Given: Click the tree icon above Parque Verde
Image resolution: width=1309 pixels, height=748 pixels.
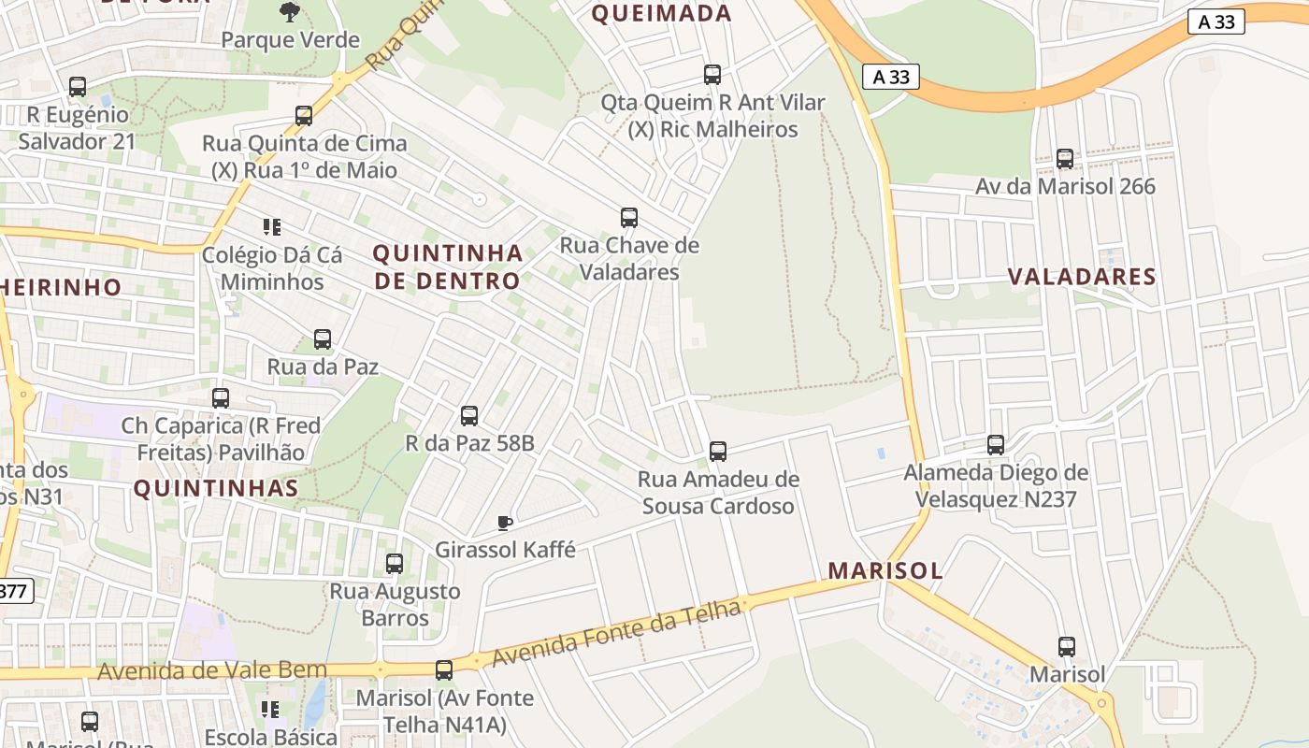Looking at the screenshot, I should [290, 12].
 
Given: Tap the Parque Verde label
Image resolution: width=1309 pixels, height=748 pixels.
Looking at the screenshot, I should [290, 40].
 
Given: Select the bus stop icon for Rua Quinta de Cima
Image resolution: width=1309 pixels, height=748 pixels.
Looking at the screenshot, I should [304, 116].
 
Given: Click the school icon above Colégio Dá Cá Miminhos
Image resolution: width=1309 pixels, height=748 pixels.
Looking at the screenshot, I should [271, 227].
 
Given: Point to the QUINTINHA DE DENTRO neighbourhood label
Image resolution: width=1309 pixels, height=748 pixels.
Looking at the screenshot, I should [447, 266].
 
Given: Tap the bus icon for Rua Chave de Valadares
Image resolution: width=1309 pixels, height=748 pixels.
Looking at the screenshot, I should [629, 218].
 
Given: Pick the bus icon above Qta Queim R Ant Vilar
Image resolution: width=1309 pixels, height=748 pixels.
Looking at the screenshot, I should [712, 75].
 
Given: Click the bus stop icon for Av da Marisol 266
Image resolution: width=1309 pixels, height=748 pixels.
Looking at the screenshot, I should [1065, 159].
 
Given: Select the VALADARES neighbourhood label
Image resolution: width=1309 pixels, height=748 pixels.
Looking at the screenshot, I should [1082, 277].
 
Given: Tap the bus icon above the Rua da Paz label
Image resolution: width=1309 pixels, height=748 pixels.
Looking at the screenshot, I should [323, 339].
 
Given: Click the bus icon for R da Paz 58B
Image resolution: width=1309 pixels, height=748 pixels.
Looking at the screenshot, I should [469, 416].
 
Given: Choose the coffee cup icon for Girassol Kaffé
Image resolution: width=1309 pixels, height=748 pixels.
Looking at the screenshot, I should [505, 523].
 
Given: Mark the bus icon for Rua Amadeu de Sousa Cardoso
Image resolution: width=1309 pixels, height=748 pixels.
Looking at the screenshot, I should [718, 452].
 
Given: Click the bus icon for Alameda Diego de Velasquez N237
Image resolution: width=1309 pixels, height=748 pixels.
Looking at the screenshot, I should [996, 445].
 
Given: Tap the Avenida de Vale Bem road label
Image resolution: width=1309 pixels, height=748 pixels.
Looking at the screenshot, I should [212, 670].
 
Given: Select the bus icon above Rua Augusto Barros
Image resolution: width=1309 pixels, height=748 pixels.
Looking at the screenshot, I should [395, 564].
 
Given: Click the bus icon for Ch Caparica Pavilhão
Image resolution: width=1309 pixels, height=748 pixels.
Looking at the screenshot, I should [221, 398].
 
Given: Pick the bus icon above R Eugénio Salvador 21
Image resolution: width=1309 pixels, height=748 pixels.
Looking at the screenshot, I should [78, 87].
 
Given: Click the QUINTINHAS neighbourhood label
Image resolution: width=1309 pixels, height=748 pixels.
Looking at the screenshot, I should [216, 488].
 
